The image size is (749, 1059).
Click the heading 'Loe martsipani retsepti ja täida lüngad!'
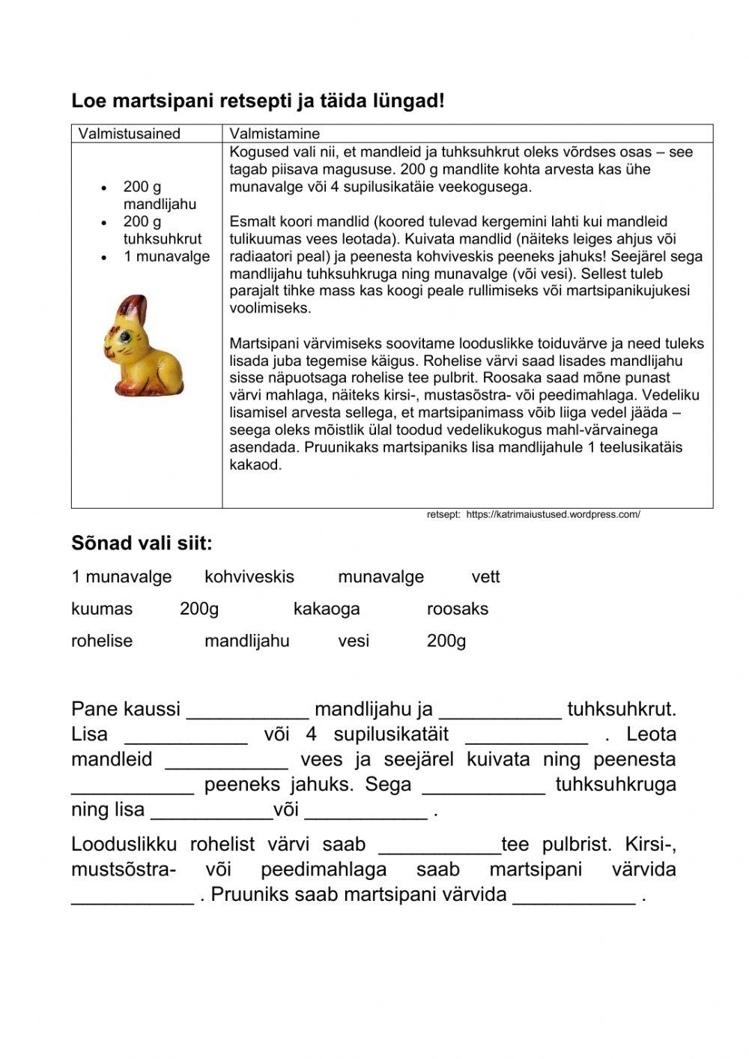click(x=258, y=100)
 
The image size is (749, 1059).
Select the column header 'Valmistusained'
click(x=130, y=133)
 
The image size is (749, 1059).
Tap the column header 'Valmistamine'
click(x=274, y=133)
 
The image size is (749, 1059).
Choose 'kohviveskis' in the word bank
click(x=249, y=577)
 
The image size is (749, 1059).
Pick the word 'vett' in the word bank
click(x=485, y=577)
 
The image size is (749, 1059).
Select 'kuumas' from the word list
click(x=102, y=609)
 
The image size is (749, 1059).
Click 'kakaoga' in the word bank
click(x=327, y=609)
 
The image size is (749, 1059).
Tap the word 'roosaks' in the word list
click(x=457, y=609)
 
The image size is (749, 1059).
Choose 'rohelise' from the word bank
click(x=102, y=641)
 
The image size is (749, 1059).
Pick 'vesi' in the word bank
click(x=354, y=641)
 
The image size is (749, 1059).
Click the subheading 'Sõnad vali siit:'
click(x=142, y=543)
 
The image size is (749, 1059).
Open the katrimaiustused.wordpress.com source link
click(x=553, y=514)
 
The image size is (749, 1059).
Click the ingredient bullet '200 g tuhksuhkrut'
click(x=162, y=230)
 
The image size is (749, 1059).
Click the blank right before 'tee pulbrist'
click(x=440, y=846)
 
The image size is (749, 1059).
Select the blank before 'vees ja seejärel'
click(x=226, y=761)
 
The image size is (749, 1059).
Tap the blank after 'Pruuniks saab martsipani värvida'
click(x=574, y=896)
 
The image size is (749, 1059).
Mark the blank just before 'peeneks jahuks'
click(x=133, y=786)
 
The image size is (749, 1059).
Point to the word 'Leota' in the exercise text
click(x=651, y=734)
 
